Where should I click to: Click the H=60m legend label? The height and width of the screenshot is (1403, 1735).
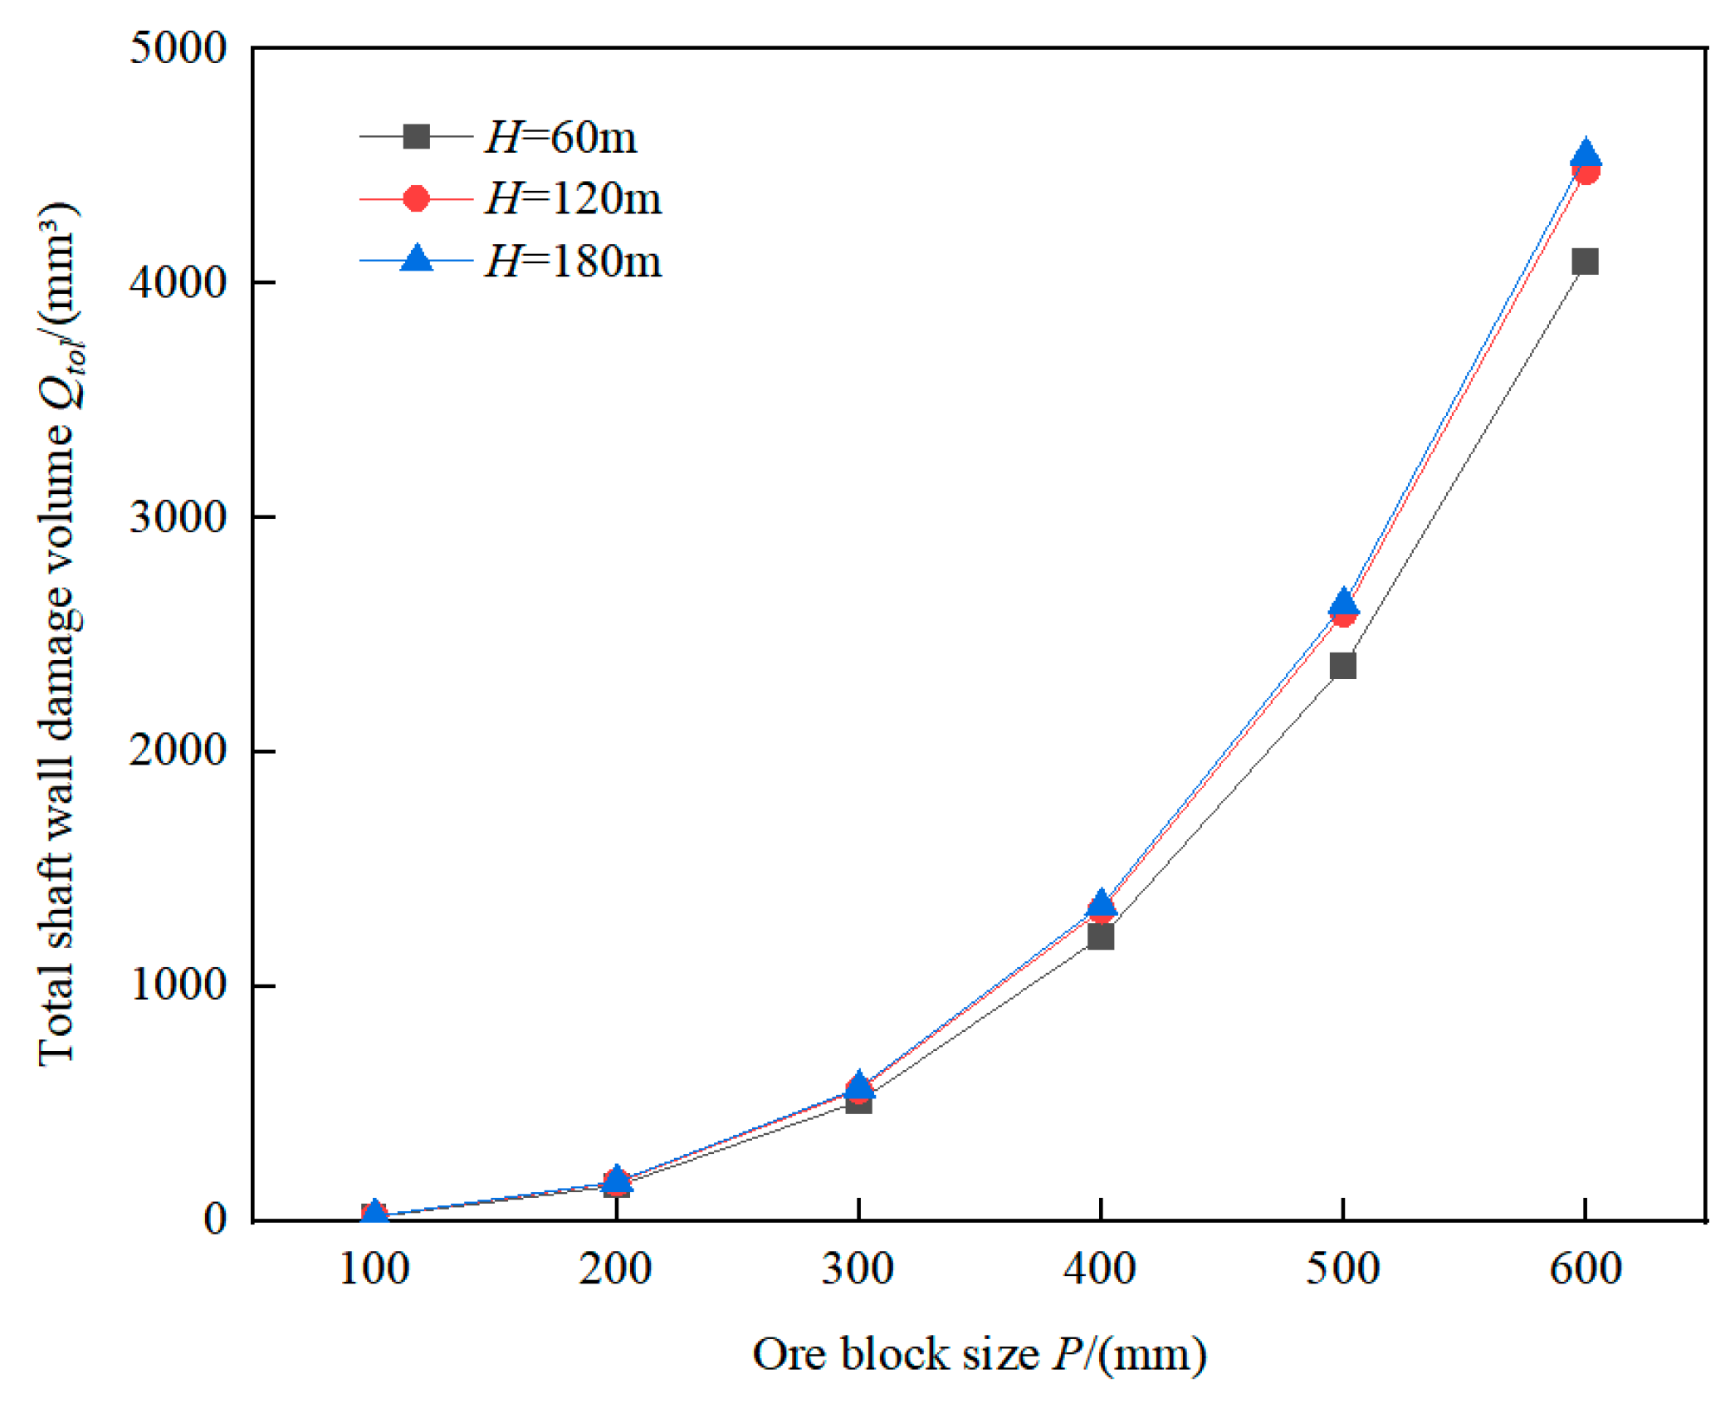[561, 137]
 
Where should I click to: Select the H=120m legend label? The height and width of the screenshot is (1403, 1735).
[573, 199]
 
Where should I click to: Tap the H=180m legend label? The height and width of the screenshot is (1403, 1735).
[573, 262]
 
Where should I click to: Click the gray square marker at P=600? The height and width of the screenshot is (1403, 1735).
[1585, 262]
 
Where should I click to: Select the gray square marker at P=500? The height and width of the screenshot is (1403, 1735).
[1342, 666]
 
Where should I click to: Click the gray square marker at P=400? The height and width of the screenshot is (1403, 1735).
[1100, 936]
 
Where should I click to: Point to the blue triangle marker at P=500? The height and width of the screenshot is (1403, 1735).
[1343, 601]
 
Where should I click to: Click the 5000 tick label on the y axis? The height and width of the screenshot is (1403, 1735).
[178, 48]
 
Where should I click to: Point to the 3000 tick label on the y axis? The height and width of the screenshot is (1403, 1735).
[178, 517]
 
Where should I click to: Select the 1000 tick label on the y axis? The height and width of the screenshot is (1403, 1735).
[178, 985]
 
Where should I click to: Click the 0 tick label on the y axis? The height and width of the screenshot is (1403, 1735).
[215, 1220]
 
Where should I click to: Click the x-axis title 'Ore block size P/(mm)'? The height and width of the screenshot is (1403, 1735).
[979, 1354]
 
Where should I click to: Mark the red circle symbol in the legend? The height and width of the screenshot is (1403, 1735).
[416, 199]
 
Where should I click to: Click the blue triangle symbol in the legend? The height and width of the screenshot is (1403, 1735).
[416, 259]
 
